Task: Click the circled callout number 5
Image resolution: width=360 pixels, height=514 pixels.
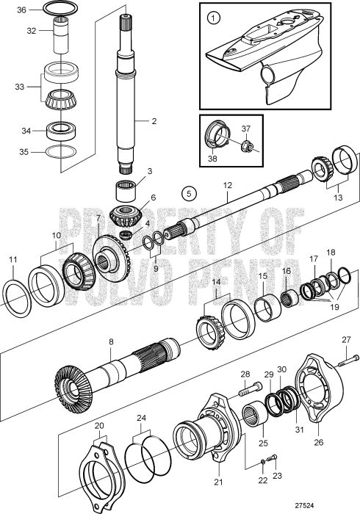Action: pyautogui.click(x=190, y=194)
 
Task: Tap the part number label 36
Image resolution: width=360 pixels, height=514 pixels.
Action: pyautogui.click(x=21, y=10)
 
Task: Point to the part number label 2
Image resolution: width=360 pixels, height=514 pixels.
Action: pyautogui.click(x=154, y=122)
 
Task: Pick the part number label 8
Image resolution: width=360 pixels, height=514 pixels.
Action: pyautogui.click(x=111, y=342)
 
